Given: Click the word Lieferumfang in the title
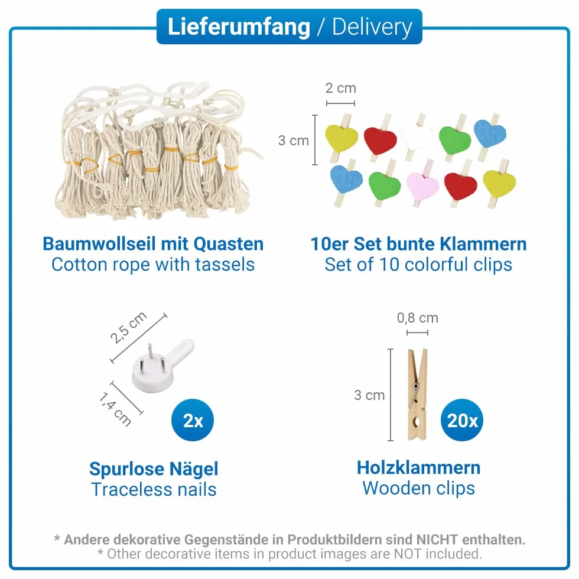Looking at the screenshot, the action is tap(239, 27).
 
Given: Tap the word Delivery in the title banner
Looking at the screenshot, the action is tap(372, 27).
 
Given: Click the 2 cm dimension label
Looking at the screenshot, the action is tap(340, 88).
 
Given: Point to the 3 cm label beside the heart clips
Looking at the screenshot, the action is tap(293, 141).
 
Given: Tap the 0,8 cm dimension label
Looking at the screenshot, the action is tap(417, 318).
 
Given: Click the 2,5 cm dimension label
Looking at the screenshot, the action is tap(129, 327).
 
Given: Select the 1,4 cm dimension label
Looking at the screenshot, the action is tap(115, 409).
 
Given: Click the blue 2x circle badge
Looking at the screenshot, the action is tap(193, 420).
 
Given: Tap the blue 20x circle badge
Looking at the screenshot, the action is tap(462, 420).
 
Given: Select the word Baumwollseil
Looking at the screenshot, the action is tap(99, 243).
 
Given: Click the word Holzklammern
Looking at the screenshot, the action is tap(418, 467).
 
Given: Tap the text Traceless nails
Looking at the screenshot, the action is tap(154, 490).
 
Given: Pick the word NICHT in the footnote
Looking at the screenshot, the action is tap(437, 539).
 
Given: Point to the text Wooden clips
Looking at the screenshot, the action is tap(418, 488).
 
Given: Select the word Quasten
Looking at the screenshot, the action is tap(228, 243).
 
